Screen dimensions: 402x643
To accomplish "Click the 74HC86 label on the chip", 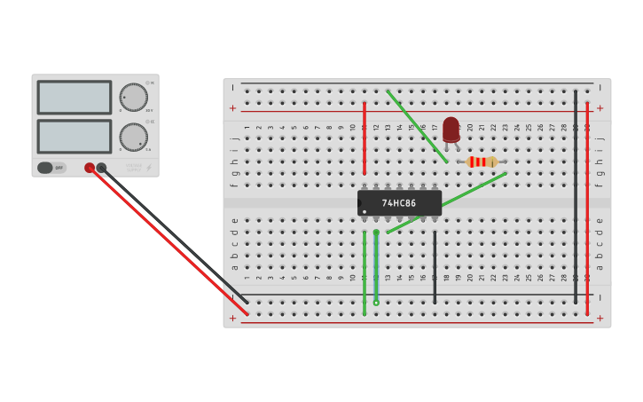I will point(399,203).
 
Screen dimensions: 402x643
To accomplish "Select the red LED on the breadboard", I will point(451,129).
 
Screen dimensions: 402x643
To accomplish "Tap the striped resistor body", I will point(482,162).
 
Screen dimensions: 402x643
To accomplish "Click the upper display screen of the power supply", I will point(74,98).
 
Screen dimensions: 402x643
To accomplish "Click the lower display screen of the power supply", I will point(74,136).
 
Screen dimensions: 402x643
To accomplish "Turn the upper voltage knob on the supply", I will point(134,97).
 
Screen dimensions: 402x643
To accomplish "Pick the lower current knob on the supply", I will point(134,137).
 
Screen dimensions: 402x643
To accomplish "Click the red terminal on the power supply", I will point(90,168).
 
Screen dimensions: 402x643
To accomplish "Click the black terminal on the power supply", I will point(102,168).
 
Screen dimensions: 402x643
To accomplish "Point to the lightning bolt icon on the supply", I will point(149,167).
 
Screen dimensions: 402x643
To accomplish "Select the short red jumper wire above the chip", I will point(365,138).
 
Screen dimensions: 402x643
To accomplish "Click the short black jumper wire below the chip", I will point(435,266).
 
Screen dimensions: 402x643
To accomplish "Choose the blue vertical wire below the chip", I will point(376,266).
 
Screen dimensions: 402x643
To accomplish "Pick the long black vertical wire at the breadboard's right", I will point(576,195).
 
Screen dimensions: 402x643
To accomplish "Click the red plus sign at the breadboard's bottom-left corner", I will point(233,318).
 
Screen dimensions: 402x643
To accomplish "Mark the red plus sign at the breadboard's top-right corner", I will point(600,108).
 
